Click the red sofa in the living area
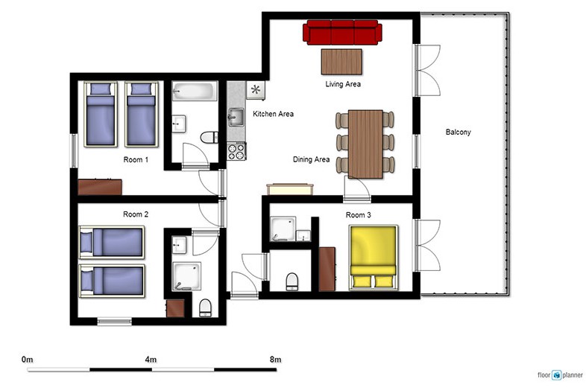[342, 32]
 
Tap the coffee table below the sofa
[341, 62]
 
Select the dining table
[365, 144]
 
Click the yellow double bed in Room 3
[373, 258]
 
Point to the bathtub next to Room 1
[195, 91]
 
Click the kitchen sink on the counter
[236, 117]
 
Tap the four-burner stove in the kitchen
[236, 151]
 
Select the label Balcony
[459, 132]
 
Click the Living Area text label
[343, 84]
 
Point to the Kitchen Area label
[273, 114]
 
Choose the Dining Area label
[312, 159]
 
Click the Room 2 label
[136, 214]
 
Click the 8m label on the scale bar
[275, 359]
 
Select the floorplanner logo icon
[557, 374]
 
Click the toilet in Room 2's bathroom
[205, 308]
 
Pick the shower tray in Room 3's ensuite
[283, 228]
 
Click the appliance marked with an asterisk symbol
[256, 90]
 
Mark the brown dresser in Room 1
[100, 187]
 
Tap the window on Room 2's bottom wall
[114, 321]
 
